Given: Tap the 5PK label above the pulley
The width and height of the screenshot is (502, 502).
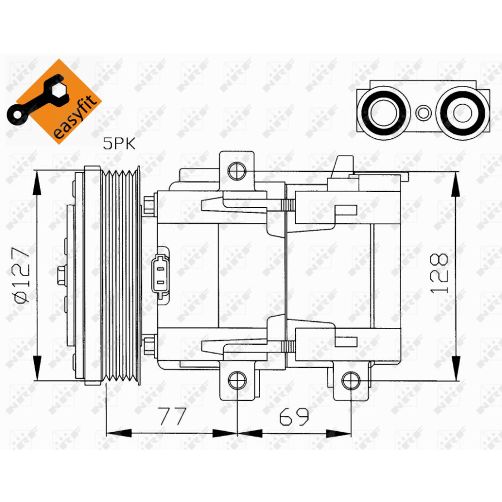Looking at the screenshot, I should [x=119, y=144].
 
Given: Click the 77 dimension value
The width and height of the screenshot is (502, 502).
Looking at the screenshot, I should [x=171, y=417].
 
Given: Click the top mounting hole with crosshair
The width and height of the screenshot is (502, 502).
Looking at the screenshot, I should [x=237, y=170].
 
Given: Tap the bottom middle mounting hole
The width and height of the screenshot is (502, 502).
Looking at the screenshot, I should [x=237, y=381].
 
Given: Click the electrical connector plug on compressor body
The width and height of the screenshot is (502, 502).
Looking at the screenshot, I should [x=162, y=273].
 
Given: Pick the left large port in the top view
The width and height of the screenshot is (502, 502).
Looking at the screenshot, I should [x=382, y=112].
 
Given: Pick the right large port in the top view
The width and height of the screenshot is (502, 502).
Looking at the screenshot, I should [x=462, y=112].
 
